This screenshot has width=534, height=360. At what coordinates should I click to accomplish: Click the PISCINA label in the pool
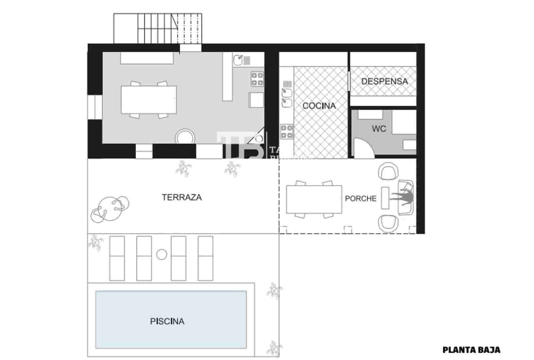(x=167, y=321)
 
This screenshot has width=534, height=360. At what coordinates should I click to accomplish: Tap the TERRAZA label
(x=182, y=197)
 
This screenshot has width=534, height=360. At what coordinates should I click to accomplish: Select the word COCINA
(x=319, y=106)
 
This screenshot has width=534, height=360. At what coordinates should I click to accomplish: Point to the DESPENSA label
(x=384, y=81)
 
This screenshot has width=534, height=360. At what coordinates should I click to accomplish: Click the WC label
(x=378, y=129)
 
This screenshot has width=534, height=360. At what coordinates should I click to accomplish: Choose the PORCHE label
(x=360, y=198)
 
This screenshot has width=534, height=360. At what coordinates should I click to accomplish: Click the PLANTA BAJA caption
(x=471, y=350)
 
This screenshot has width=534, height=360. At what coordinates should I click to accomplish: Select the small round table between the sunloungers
(x=162, y=254)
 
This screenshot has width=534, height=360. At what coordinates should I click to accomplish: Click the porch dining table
(x=314, y=199)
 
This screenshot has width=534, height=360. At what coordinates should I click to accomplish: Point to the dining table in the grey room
(x=149, y=100)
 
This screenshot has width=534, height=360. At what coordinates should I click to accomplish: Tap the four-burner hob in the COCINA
(x=286, y=131)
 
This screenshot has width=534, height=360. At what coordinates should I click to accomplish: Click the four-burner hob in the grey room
(x=257, y=79)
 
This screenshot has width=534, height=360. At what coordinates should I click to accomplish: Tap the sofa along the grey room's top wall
(x=147, y=58)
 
